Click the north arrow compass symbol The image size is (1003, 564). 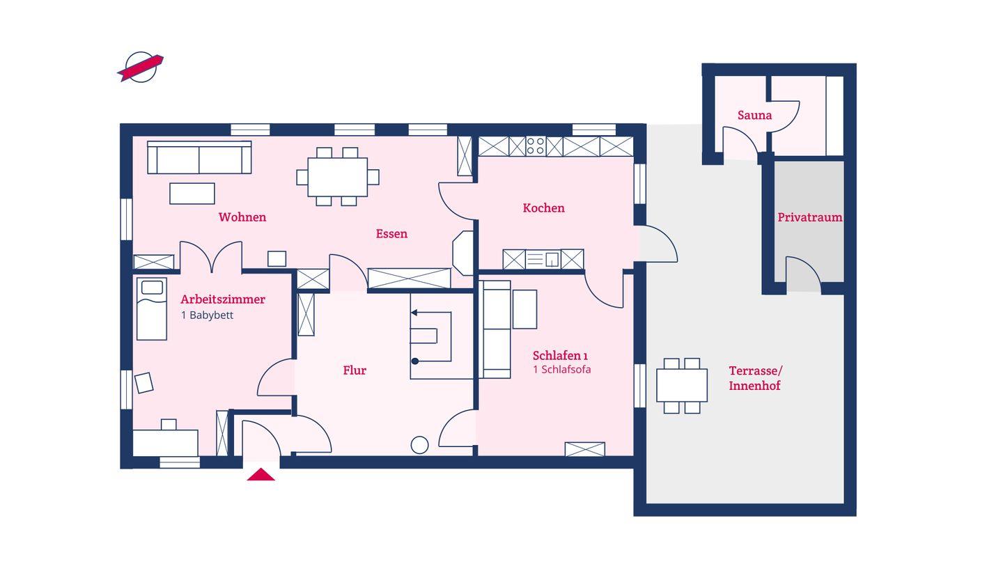[141, 68]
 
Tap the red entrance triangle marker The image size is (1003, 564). [261, 474]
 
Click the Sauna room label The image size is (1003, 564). [754, 116]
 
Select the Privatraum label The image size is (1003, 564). [809, 217]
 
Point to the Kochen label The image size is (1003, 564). [543, 207]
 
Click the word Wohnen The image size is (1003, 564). [242, 217]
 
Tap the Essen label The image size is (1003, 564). [391, 234]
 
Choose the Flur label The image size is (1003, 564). [355, 370]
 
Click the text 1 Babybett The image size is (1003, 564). [208, 315]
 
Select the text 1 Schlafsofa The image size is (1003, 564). [561, 370]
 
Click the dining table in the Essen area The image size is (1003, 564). [338, 177]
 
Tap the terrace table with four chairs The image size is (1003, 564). [681, 386]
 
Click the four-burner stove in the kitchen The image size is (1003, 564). [536, 146]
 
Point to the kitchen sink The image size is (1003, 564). [543, 259]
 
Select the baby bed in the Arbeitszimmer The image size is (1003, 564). [152, 309]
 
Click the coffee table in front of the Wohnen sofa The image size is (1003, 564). [192, 194]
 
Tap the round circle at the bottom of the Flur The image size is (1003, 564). [419, 445]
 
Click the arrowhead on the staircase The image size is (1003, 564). [414, 313]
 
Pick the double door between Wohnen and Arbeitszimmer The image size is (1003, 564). [211, 257]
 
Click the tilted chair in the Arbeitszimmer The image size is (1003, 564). [144, 383]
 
